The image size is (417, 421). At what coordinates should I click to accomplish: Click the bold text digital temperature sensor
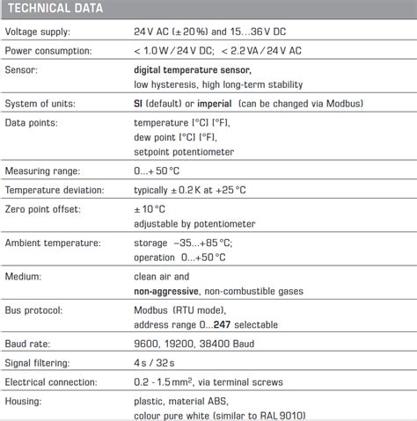192,69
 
